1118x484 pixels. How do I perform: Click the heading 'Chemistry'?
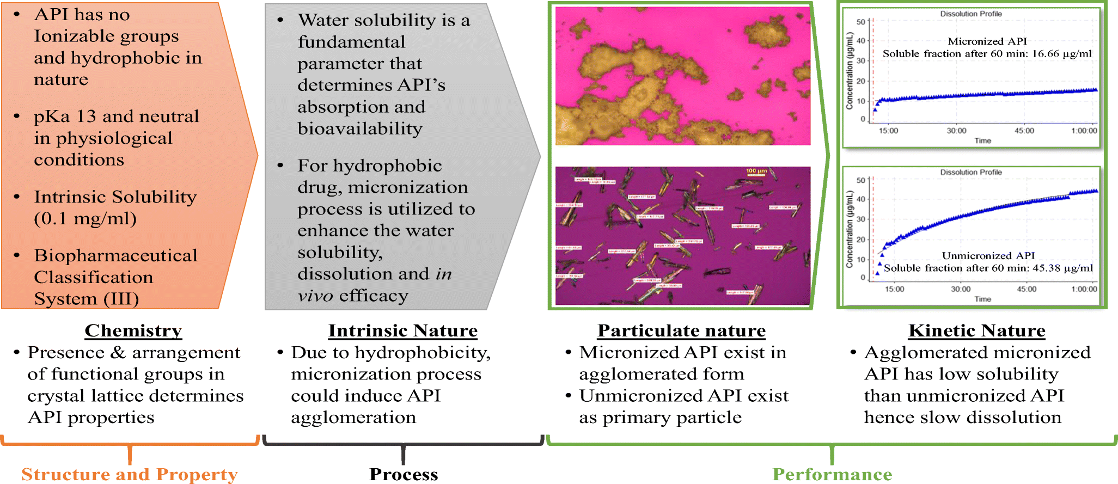[133, 330]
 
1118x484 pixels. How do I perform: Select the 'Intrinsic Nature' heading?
[402, 330]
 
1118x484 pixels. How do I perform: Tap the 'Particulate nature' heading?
[681, 330]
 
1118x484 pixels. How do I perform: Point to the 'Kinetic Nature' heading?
[977, 330]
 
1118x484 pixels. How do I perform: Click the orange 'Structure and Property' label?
[130, 474]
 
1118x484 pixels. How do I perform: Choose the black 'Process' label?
[404, 474]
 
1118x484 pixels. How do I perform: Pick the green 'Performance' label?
[832, 474]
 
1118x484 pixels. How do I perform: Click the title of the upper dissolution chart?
[970, 14]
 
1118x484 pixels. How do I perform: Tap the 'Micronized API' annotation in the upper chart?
[987, 41]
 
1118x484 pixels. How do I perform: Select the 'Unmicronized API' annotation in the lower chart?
[988, 255]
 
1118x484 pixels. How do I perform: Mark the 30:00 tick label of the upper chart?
[956, 131]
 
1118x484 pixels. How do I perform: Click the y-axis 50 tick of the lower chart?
[860, 180]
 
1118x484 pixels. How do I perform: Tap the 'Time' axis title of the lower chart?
[982, 299]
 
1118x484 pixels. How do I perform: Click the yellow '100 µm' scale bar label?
[756, 171]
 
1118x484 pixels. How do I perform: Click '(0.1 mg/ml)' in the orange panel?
[85, 219]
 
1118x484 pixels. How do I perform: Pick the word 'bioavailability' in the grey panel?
[359, 128]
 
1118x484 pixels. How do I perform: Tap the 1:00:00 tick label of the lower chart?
[1084, 289]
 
